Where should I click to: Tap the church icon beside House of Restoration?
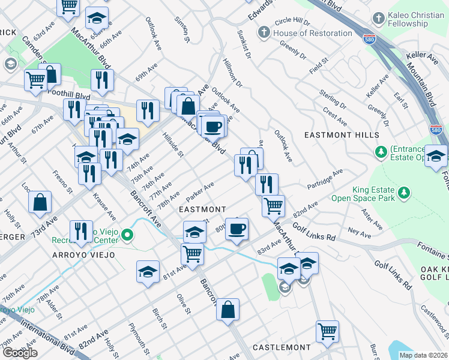click(265, 33)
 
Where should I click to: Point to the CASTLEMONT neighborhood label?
click(282, 347)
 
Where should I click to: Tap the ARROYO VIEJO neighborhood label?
click(84, 254)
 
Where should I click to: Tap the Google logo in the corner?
click(20, 353)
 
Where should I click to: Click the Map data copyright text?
click(423, 355)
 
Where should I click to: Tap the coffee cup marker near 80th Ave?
click(237, 229)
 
